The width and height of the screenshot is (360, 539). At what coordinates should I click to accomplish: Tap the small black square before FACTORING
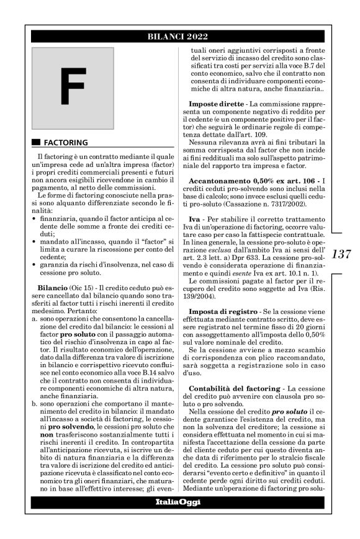click(x=36, y=142)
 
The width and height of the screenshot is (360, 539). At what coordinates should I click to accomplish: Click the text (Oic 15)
click(x=93, y=289)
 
